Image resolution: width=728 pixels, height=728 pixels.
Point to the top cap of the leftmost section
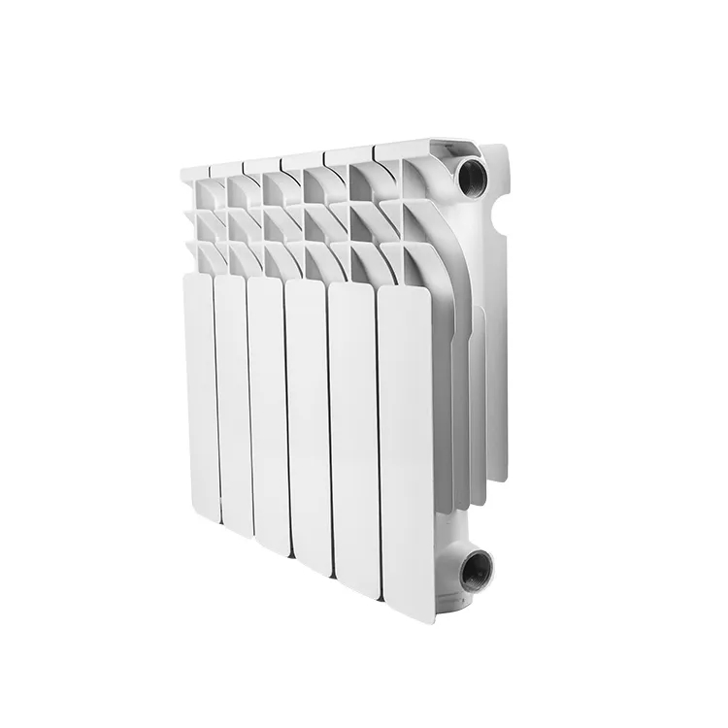click(194, 171)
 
